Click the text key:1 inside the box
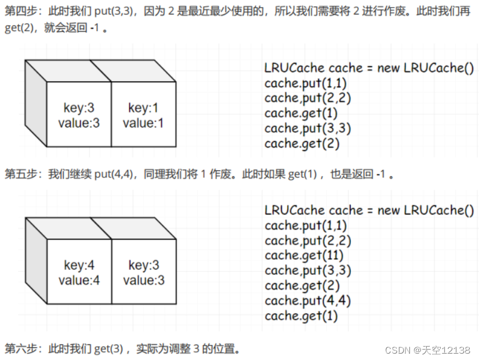[x=143, y=108]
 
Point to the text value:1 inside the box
[x=143, y=123]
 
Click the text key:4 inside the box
[x=79, y=266]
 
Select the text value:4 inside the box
[x=79, y=281]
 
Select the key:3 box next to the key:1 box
[x=79, y=115]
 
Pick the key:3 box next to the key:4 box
[x=144, y=273]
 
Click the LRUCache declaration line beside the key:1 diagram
[x=369, y=68]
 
